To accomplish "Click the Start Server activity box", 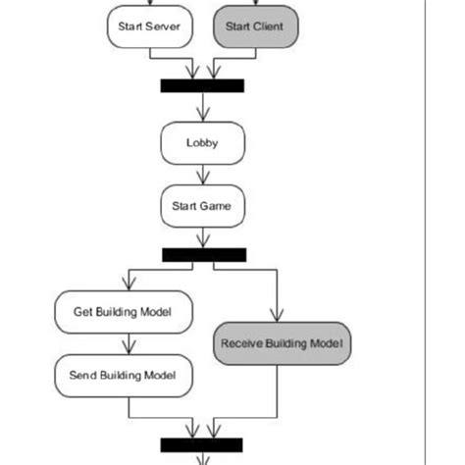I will [x=147, y=26].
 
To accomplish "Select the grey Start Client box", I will [x=254, y=26].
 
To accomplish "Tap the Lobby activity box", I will [x=202, y=143].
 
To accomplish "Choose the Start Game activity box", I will [x=202, y=207].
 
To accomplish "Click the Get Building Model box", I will [x=123, y=312].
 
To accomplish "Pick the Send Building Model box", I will [x=123, y=375].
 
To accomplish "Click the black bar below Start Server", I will [x=202, y=85].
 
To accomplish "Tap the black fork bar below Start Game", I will [x=203, y=254].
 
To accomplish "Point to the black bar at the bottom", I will [x=201, y=444].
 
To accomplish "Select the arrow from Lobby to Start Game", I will [x=202, y=175].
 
